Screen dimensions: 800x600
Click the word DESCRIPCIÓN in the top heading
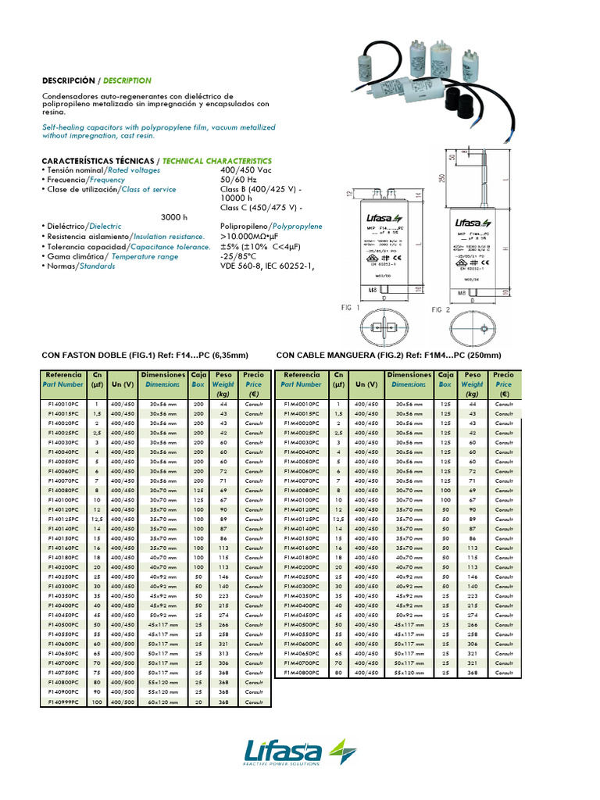[x=67, y=80]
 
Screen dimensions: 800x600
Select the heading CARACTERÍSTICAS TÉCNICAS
[x=98, y=160]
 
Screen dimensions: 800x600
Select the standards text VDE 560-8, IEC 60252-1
[x=266, y=266]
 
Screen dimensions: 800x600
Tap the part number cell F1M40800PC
[x=302, y=672]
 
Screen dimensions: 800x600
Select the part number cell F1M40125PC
[x=302, y=519]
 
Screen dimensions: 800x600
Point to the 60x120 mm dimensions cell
[x=164, y=702]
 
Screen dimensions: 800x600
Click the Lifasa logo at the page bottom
[x=301, y=756]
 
